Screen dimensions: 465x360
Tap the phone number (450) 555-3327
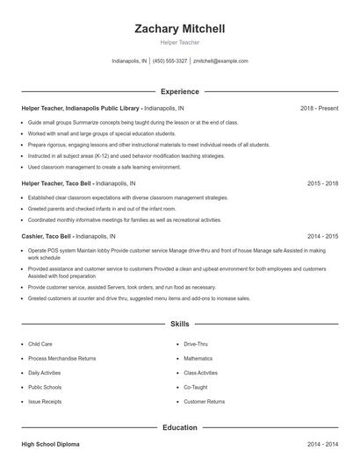pos(170,61)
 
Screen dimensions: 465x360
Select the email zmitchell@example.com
pos(220,61)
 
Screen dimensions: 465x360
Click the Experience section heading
pos(179,91)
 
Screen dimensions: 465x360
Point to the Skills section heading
pos(179,324)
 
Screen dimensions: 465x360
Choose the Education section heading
pos(179,427)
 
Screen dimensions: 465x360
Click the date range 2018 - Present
pos(319,108)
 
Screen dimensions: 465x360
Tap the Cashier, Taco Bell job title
pos(47,236)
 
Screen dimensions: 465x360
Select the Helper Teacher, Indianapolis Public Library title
pos(81,108)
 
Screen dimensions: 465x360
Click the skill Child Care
pos(40,345)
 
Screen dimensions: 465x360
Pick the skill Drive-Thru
pos(197,345)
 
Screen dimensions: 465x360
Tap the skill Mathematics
pos(198,359)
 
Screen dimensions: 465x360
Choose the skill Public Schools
pos(45,387)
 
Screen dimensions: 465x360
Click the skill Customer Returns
pos(205,401)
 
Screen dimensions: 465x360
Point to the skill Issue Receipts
pos(45,401)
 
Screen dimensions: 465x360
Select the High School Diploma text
pos(50,446)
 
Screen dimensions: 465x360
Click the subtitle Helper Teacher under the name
pos(179,42)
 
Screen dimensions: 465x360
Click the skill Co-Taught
pos(196,387)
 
